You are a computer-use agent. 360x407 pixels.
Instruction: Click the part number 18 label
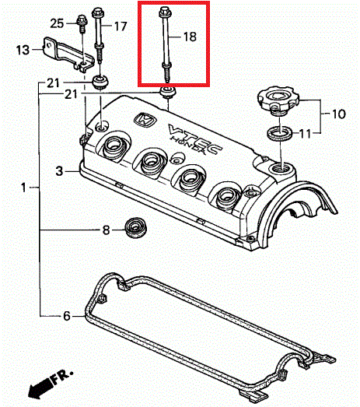click(x=190, y=37)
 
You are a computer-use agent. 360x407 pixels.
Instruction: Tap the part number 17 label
click(x=121, y=26)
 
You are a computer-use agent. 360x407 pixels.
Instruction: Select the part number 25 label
click(x=57, y=23)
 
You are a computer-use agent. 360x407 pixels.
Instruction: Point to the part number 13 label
click(x=23, y=50)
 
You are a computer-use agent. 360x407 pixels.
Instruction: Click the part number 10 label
click(x=339, y=114)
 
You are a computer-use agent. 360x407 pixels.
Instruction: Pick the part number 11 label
click(x=305, y=134)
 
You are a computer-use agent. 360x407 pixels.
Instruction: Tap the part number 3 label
click(x=59, y=171)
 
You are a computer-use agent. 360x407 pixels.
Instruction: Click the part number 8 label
click(x=106, y=230)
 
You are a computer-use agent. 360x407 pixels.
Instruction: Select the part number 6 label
click(x=67, y=316)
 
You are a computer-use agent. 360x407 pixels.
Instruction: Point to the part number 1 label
click(x=23, y=187)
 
